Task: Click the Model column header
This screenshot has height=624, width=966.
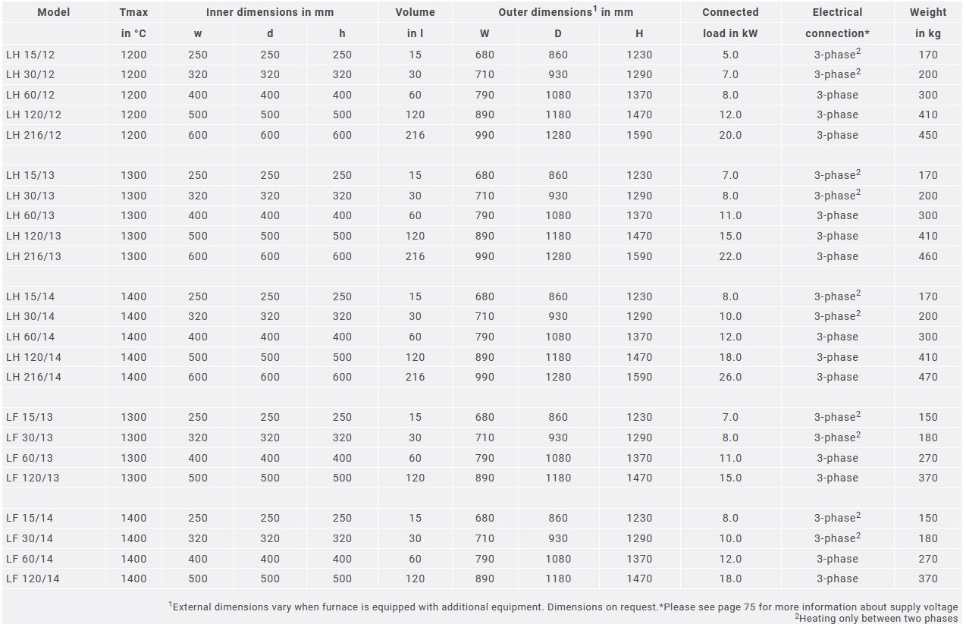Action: coord(54,12)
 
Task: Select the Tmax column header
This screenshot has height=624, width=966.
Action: coord(133,12)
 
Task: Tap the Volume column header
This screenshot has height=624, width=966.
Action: coord(415,12)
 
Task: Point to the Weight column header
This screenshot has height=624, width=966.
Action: coord(927,12)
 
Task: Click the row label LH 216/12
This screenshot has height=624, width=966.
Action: coord(33,135)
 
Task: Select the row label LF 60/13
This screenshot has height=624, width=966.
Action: coord(30,458)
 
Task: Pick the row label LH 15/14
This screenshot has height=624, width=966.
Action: coord(30,296)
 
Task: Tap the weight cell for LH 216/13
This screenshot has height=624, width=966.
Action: coord(927,256)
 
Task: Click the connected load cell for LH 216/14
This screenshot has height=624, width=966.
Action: coord(730,378)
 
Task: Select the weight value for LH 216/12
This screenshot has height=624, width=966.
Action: coord(927,136)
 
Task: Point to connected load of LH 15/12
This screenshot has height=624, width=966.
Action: coord(730,55)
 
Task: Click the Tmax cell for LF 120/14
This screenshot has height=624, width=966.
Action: coord(133,579)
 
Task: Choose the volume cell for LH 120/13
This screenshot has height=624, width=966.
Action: coord(415,237)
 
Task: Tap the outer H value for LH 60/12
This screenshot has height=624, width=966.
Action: coord(639,95)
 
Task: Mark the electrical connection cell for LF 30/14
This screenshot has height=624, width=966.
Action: coord(837,538)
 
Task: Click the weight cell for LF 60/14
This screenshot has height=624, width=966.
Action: coord(927,559)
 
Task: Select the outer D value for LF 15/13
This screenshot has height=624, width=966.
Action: coord(557,418)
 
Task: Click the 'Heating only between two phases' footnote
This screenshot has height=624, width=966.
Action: coord(877,618)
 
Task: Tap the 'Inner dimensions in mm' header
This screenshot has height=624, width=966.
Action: coord(269,12)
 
